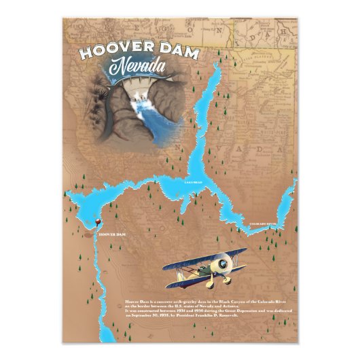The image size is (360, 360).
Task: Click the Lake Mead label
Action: click(194, 183)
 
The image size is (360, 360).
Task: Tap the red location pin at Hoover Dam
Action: click(100, 222)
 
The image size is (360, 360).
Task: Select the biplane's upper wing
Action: click(204, 257)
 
